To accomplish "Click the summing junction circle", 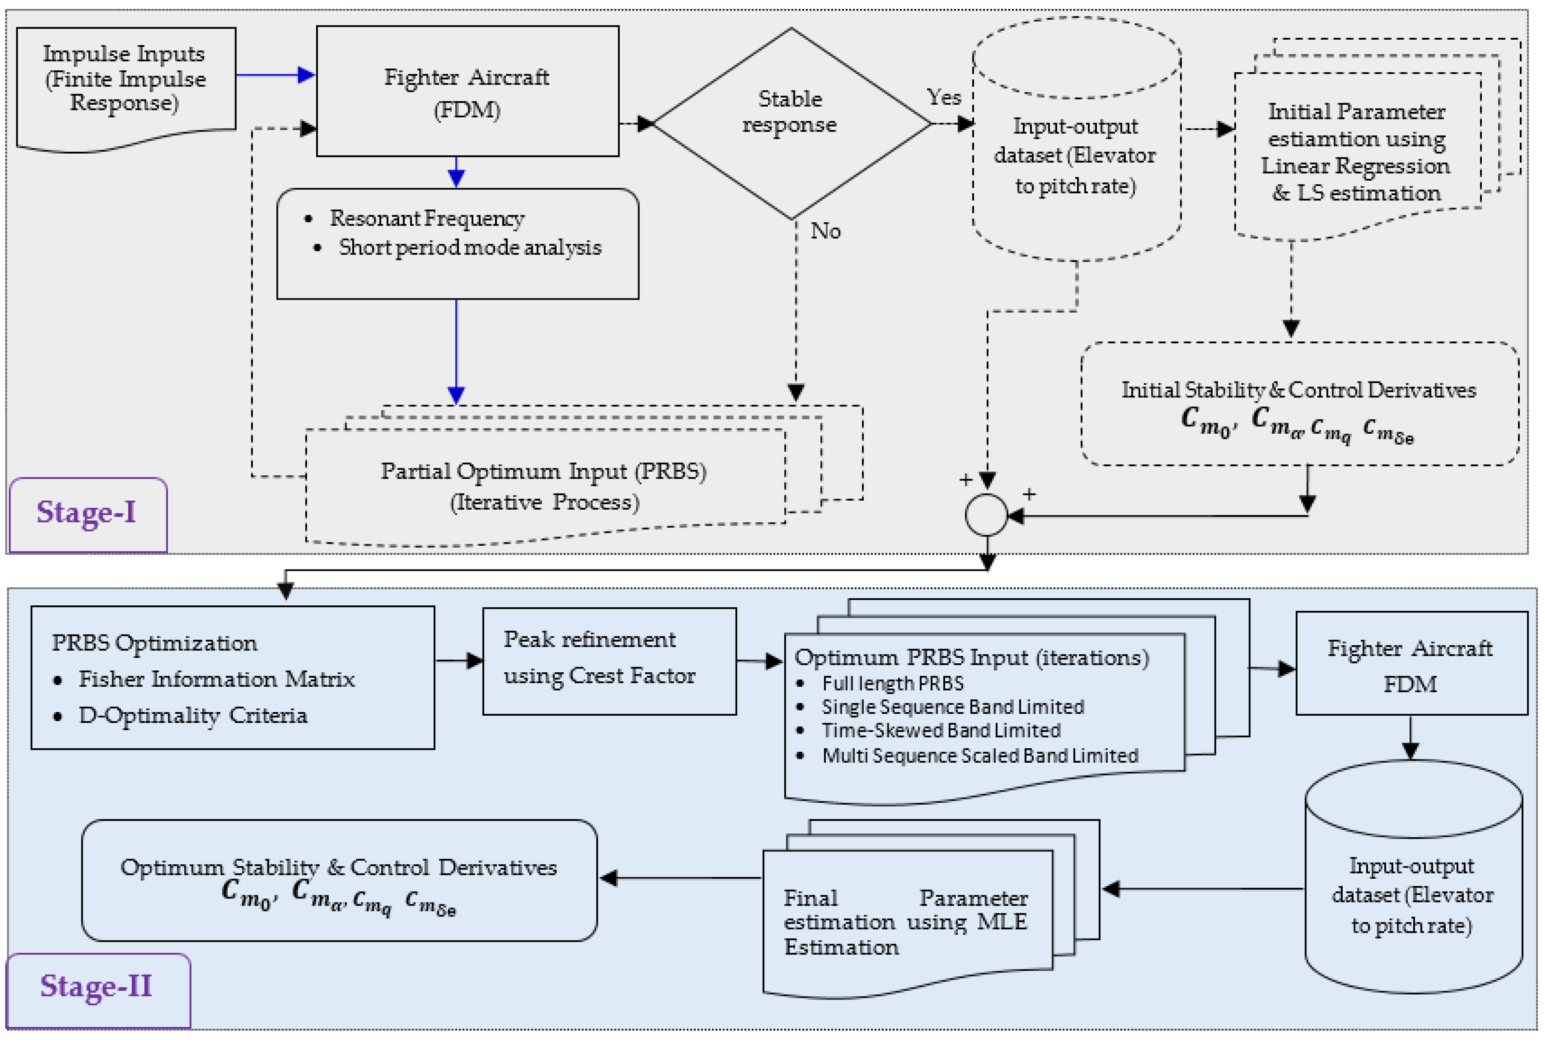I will click(987, 515).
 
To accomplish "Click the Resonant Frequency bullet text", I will click(427, 218).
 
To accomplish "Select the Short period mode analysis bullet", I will click(469, 247).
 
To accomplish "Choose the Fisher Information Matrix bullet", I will click(216, 679).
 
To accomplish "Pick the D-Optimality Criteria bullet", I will click(193, 715).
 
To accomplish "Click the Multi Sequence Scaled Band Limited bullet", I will click(980, 756).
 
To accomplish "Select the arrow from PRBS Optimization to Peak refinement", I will click(459, 661).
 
